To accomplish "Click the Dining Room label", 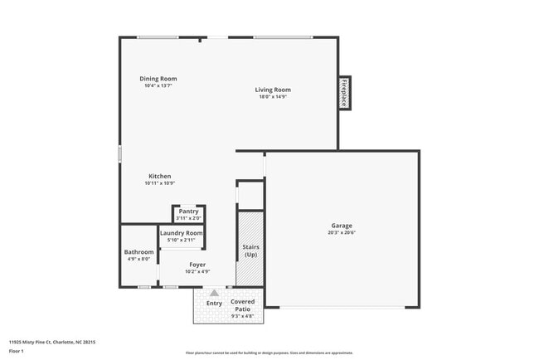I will point(158,79).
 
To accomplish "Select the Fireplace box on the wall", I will point(343,92).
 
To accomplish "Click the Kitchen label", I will point(159,176).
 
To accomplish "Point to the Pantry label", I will point(188,212).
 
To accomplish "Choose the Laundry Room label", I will point(182,233).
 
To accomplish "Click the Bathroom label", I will point(138,251).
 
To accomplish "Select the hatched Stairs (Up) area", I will point(250,248).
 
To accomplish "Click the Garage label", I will point(342,226).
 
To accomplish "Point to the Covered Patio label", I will point(242,305).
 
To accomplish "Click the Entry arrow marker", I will point(214,293).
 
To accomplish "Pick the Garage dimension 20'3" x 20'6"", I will point(342,232).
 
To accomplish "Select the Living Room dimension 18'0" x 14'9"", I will point(272,97).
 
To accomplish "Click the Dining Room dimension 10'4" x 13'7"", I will point(158,85).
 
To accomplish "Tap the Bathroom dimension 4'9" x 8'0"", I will point(138,259).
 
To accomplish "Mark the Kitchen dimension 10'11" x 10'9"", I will point(159,183).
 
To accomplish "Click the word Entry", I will point(214,303).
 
